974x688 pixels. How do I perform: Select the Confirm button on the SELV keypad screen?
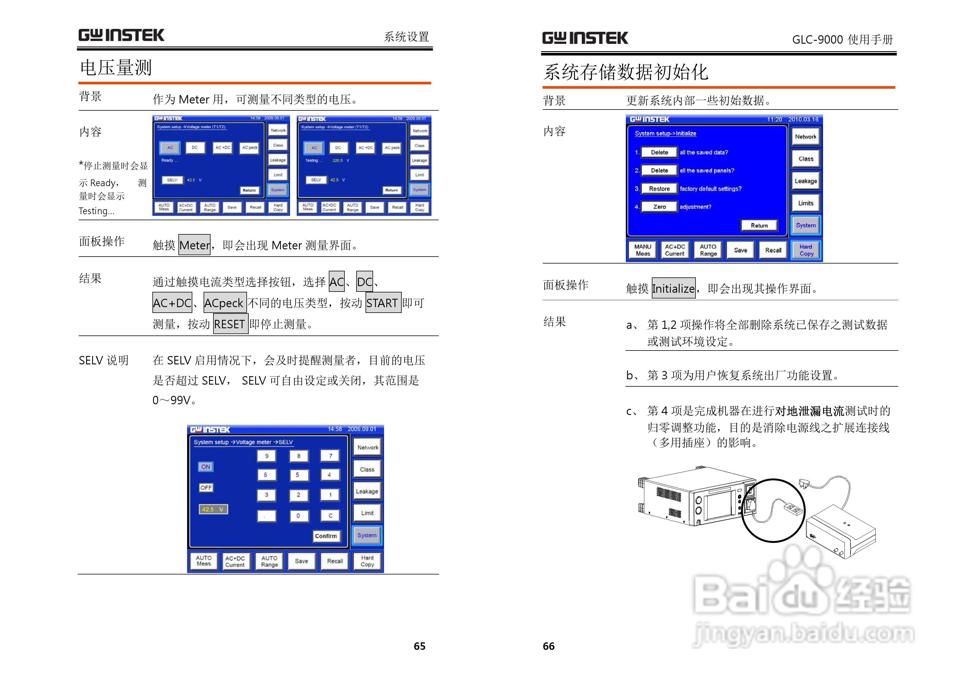click(x=325, y=536)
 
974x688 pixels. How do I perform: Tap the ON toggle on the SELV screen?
click(x=206, y=467)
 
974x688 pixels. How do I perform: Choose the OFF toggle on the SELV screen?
click(x=206, y=487)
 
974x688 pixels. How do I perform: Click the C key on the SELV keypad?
click(x=330, y=515)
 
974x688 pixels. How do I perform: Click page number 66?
click(x=549, y=646)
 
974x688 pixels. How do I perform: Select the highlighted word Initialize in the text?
click(x=673, y=288)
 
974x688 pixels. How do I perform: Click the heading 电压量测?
click(x=116, y=68)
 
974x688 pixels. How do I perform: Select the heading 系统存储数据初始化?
click(x=626, y=72)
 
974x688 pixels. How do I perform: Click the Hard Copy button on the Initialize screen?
click(x=806, y=250)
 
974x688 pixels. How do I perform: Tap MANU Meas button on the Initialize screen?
click(x=642, y=250)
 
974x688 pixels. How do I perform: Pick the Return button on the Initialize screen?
click(x=759, y=225)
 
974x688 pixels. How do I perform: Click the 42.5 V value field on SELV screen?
click(x=213, y=509)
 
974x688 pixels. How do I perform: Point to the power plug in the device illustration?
click(x=805, y=483)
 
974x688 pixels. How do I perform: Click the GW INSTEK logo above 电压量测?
click(x=121, y=35)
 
